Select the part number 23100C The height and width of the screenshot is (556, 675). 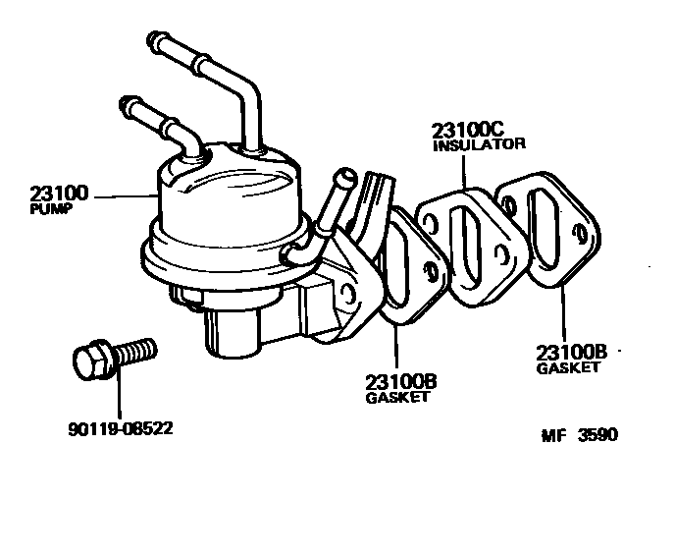466,130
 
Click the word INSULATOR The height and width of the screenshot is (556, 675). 479,143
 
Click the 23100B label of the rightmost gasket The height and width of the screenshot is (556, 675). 572,353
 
